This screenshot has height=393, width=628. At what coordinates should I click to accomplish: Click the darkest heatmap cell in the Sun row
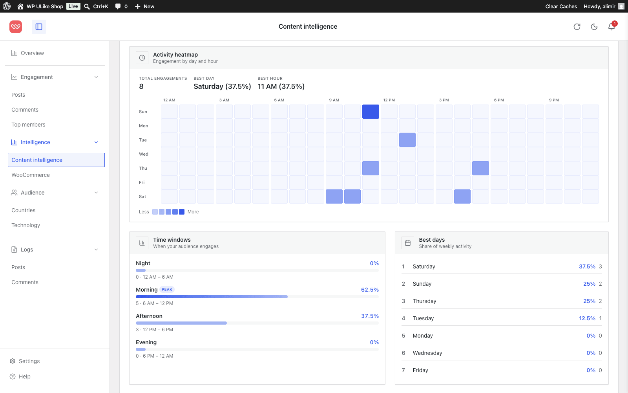(371, 112)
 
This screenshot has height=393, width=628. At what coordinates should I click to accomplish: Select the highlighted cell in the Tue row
(407, 140)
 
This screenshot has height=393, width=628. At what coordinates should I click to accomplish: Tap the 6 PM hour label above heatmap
(499, 100)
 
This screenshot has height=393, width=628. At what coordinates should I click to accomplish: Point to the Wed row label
(144, 154)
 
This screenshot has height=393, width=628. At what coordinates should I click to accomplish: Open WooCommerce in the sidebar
(31, 175)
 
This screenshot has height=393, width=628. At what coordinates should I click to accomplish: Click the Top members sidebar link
(28, 125)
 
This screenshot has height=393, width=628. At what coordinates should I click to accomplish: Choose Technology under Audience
(26, 225)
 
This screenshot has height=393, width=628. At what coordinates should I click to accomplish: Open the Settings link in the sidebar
(29, 361)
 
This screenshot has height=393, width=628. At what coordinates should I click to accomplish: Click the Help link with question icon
(24, 376)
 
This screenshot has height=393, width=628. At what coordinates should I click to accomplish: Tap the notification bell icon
(611, 27)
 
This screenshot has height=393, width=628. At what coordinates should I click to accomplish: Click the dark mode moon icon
(594, 27)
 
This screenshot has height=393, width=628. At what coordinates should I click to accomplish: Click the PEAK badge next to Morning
(167, 289)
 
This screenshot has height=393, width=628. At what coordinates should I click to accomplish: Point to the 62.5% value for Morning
(370, 290)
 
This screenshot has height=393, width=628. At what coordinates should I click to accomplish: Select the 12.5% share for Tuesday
(587, 318)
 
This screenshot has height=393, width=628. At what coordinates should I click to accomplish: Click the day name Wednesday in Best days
(427, 353)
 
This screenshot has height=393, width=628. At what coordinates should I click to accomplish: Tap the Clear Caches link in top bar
(561, 6)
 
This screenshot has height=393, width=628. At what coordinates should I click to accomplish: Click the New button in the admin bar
(145, 6)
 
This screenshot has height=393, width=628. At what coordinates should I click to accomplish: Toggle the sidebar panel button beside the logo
(39, 27)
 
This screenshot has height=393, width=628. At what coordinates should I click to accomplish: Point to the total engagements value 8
(141, 86)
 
